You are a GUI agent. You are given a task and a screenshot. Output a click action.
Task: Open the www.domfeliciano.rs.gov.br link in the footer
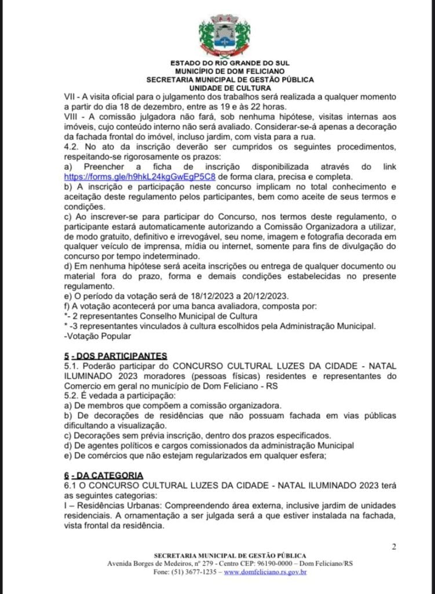tap(265, 573)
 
